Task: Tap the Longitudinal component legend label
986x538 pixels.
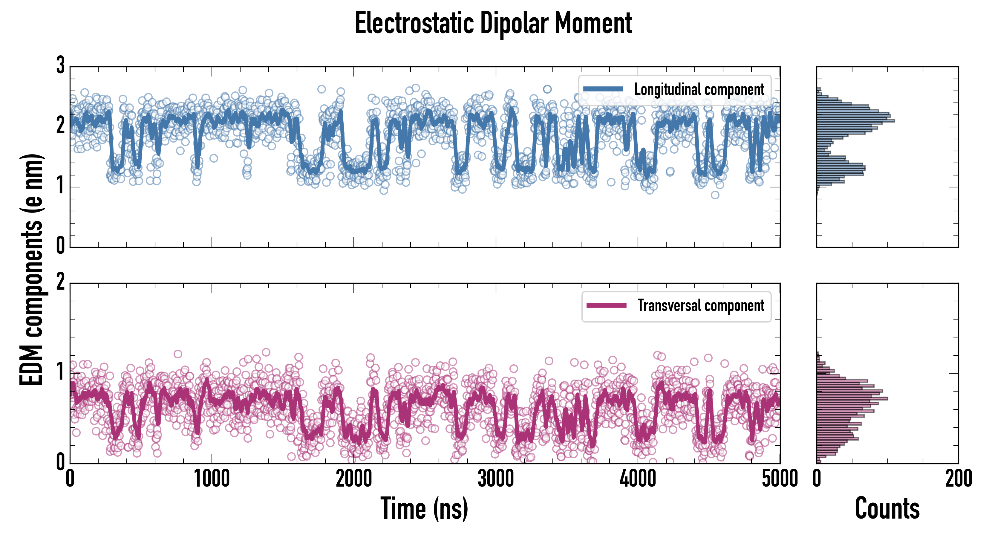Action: (699, 90)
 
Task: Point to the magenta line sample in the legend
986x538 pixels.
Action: (606, 305)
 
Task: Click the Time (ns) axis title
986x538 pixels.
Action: (424, 508)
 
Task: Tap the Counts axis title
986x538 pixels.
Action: (887, 508)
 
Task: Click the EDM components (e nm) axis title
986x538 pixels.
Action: (31, 270)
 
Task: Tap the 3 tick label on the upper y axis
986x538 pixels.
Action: (60, 65)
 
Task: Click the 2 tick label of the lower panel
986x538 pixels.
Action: (60, 282)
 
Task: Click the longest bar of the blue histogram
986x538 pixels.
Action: (855, 121)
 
